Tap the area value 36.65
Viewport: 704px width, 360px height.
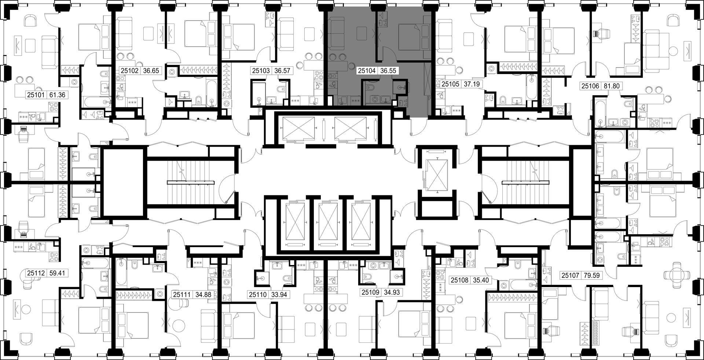click(x=151, y=71)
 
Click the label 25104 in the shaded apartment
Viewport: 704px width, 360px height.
click(x=367, y=71)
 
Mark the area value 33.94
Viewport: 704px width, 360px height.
click(x=279, y=294)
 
